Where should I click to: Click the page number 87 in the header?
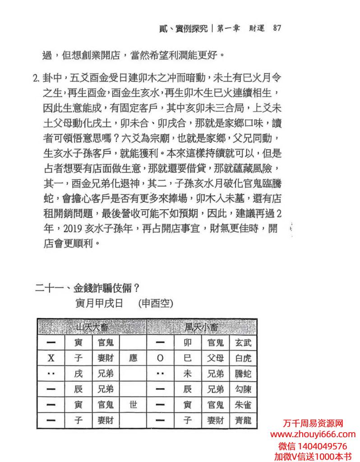pos(277,28)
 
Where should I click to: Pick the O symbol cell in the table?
pos(160,358)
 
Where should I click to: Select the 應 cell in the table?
pos(133,358)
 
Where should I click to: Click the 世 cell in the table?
pos(133,405)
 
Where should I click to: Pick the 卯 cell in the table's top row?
pos(189,343)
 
